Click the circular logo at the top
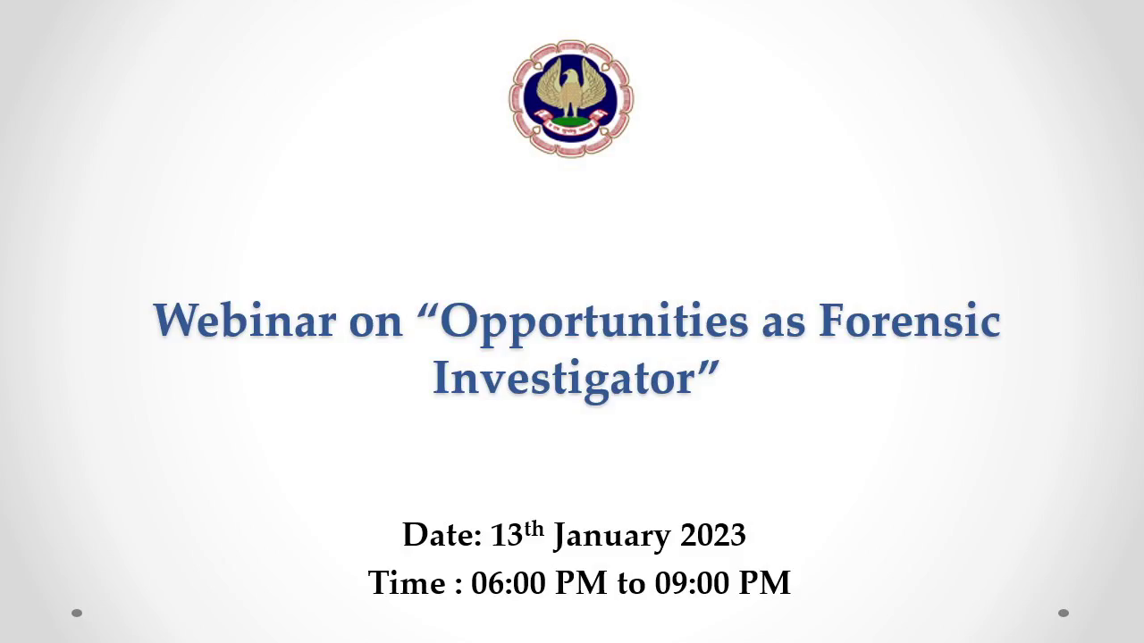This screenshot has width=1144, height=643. pyautogui.click(x=571, y=98)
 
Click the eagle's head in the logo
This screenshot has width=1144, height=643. pyautogui.click(x=571, y=78)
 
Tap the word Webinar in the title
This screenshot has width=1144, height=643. pyautogui.click(x=245, y=321)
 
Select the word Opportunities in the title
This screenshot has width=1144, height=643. pyautogui.click(x=594, y=325)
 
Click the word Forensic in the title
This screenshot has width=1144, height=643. pyautogui.click(x=910, y=321)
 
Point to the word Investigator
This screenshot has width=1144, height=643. pyautogui.click(x=563, y=380)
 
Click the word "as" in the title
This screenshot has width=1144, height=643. pyautogui.click(x=784, y=326)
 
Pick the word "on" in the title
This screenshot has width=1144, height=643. pyautogui.click(x=376, y=326)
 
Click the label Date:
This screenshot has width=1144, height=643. pyautogui.click(x=442, y=535)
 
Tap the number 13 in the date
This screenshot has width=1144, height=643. pyautogui.click(x=506, y=535)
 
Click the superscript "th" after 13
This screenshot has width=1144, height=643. pyautogui.click(x=534, y=529)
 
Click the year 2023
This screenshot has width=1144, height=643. pyautogui.click(x=713, y=535)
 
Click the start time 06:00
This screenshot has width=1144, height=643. pyautogui.click(x=509, y=583)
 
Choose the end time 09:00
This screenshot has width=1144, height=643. pyautogui.click(x=693, y=583)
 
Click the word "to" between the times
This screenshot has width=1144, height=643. pyautogui.click(x=631, y=584)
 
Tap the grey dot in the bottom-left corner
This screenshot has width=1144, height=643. pyautogui.click(x=77, y=613)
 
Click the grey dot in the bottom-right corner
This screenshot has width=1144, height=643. pyautogui.click(x=1064, y=613)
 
